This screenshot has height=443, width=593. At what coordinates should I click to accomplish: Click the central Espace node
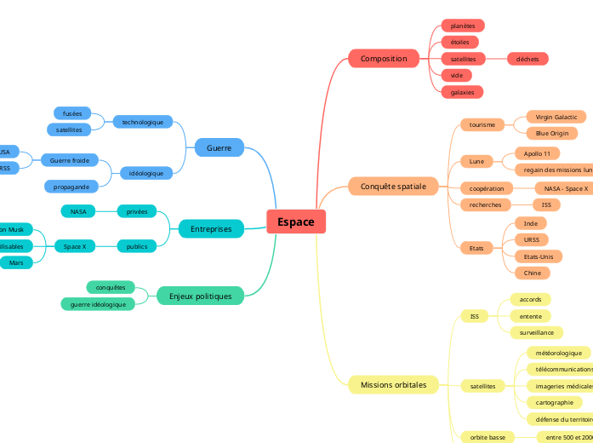[x=295, y=221]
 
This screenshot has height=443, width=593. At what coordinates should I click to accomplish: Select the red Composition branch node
[x=384, y=59]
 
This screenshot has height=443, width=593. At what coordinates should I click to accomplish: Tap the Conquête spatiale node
[x=393, y=186]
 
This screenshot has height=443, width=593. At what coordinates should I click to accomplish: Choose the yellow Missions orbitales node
[x=393, y=384]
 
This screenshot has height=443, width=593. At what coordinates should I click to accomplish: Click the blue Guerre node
[x=219, y=148]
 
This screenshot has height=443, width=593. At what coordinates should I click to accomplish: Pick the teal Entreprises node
[x=211, y=228]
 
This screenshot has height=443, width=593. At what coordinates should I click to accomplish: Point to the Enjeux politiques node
[x=200, y=296]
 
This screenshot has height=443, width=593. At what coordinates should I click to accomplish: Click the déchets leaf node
[x=527, y=59]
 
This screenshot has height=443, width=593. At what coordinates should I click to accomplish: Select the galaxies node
[x=462, y=91]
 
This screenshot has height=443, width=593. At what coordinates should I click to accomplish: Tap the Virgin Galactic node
[x=556, y=117]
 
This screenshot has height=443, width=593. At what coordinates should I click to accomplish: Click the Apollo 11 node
[x=537, y=153]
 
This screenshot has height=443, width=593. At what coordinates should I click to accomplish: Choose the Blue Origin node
[x=552, y=133]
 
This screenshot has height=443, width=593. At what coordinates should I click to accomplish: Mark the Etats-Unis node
[x=538, y=256]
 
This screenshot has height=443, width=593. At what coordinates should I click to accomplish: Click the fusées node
[x=72, y=113]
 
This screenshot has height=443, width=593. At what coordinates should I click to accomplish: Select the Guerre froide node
[x=70, y=159]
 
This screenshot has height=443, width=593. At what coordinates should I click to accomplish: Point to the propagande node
[x=71, y=186]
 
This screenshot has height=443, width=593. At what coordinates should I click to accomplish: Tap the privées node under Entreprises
[x=136, y=210]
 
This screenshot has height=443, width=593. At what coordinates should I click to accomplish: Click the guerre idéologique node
[x=98, y=304]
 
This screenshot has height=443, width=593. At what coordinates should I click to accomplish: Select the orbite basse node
[x=488, y=437]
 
